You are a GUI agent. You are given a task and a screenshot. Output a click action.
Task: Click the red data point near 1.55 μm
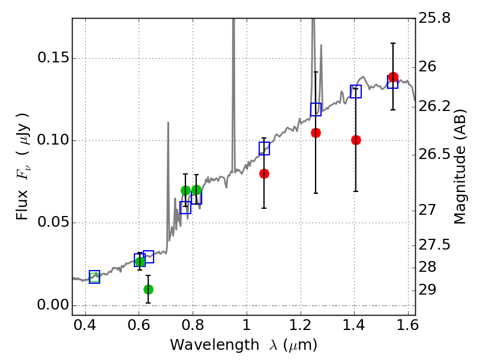(x=393, y=77)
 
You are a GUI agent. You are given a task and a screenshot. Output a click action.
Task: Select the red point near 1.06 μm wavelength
(x=264, y=174)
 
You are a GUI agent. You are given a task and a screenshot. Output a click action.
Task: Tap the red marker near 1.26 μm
(x=316, y=133)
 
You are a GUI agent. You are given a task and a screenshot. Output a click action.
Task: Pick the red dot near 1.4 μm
(x=356, y=140)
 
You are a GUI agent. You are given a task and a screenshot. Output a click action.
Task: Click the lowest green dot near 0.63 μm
(x=148, y=289)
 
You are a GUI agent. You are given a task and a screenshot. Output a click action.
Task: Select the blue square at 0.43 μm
(x=95, y=277)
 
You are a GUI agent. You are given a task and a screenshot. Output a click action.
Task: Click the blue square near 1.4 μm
(x=356, y=91)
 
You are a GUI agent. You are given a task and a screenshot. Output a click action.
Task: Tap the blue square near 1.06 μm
(x=264, y=148)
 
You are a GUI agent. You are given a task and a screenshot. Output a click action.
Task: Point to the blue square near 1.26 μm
(x=316, y=109)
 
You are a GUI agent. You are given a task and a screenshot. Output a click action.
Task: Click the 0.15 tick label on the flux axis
(x=53, y=58)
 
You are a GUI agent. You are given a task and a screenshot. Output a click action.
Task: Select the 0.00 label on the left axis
(x=53, y=305)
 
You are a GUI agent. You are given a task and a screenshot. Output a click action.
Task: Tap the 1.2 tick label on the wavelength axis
(x=301, y=325)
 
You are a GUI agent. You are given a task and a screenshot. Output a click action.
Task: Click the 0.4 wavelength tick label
(x=85, y=325)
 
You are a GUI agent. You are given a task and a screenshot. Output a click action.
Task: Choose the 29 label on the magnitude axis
(x=427, y=290)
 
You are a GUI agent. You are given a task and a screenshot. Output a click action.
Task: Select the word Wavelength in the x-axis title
(x=215, y=345)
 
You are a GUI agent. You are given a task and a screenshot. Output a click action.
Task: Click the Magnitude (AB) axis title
(x=459, y=167)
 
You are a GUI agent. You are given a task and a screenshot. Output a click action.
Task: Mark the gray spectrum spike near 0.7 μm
(x=168, y=184)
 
